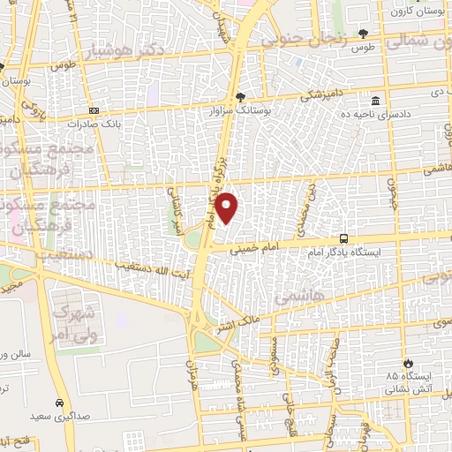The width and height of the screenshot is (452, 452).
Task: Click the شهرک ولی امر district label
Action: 75,325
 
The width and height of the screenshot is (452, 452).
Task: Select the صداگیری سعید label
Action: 60,415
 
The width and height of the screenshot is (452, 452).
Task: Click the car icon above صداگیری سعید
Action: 59,400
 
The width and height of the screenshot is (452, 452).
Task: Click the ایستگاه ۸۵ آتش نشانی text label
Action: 407,381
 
